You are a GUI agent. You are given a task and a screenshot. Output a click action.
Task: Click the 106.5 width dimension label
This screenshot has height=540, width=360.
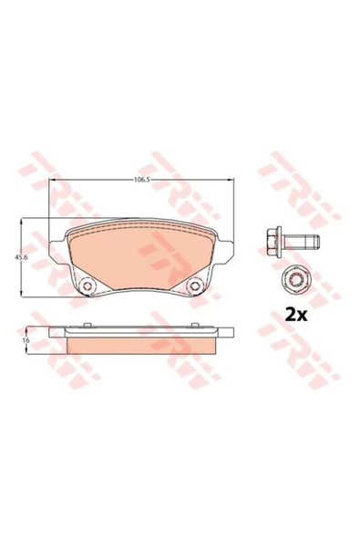tap(141, 180)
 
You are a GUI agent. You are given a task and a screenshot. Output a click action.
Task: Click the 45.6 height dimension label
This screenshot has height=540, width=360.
tap(19, 257)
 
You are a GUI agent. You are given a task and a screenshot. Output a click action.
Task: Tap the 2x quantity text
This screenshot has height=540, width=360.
tap(295, 315)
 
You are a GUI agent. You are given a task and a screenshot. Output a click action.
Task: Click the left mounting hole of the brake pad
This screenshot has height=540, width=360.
tap(87, 286)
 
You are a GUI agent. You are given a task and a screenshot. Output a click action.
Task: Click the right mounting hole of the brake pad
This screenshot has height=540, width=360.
tap(195, 286)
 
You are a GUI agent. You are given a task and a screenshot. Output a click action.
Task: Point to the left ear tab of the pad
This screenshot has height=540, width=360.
tap(56, 250)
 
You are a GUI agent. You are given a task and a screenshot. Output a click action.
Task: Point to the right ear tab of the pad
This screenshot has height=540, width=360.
tap(227, 250)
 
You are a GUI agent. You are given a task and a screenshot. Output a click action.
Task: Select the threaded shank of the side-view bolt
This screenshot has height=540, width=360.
tap(301, 241)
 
